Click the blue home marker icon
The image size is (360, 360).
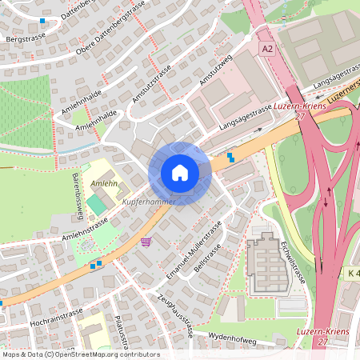(x=180, y=173)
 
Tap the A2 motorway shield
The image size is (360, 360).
(x=267, y=49)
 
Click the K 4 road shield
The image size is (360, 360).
(x=353, y=274)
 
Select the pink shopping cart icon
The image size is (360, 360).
(x=146, y=242)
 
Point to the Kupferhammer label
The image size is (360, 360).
(x=148, y=202)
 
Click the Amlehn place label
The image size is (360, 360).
(x=103, y=183)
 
